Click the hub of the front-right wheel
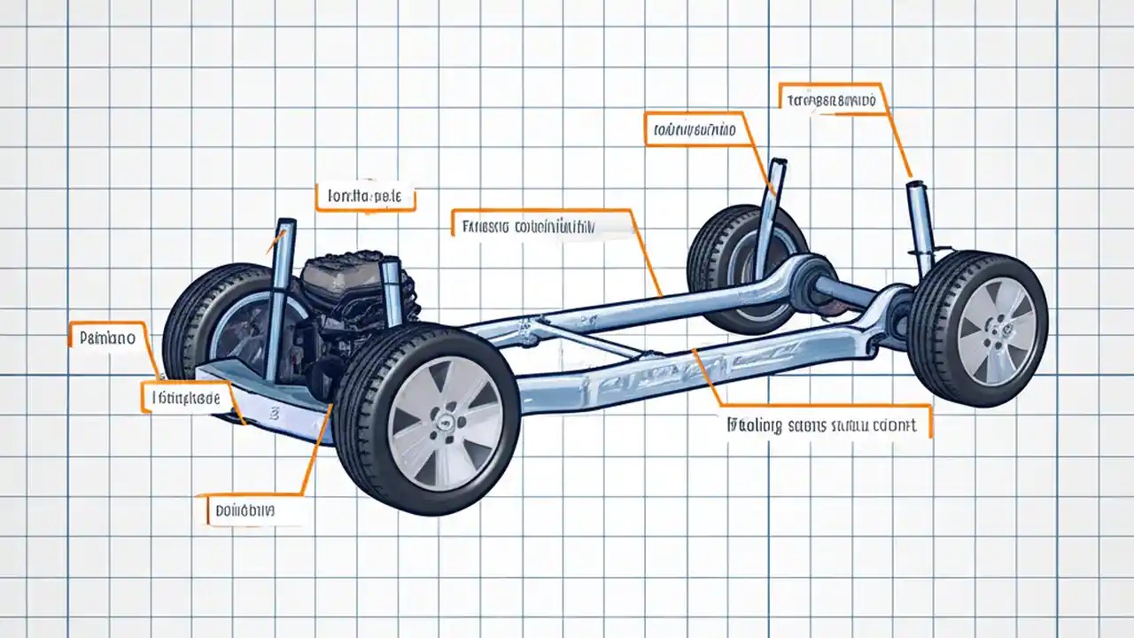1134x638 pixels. coord(440,423)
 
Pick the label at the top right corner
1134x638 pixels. coord(831,100)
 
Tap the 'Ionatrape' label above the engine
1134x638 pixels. coord(364,197)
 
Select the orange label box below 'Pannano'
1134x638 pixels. coord(186,399)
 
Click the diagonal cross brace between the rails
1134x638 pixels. coord(585,341)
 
